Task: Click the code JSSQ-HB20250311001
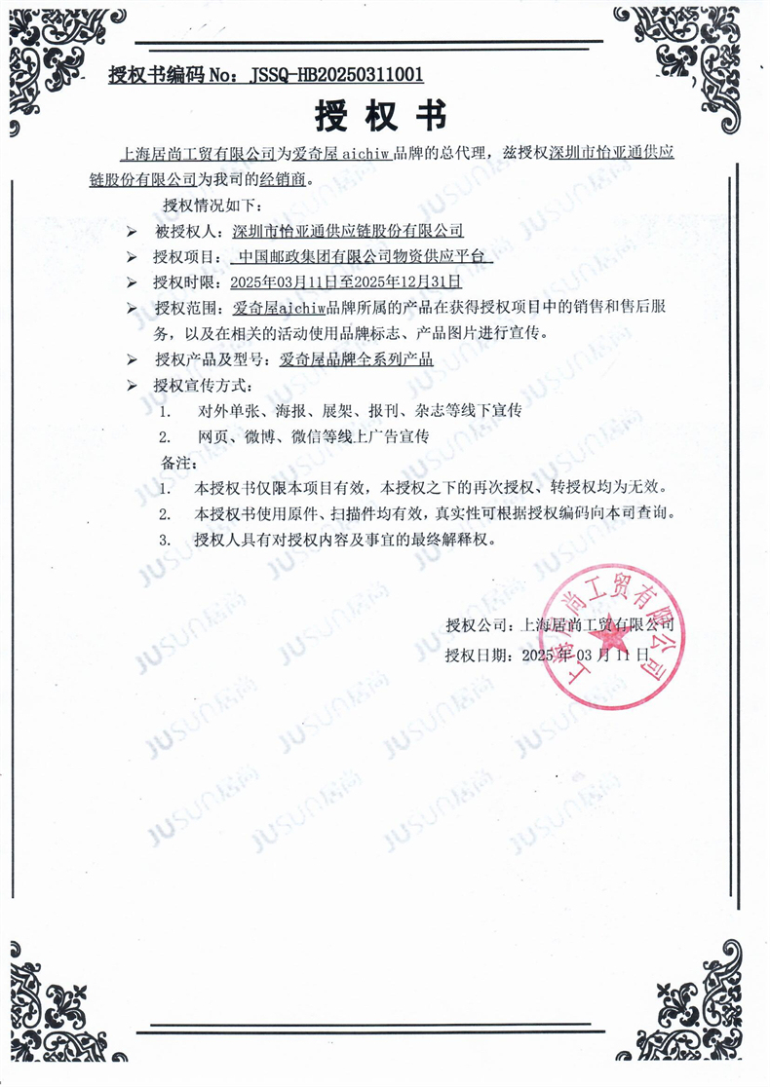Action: [x=337, y=73]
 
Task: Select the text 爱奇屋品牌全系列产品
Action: [x=355, y=359]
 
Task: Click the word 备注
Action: [x=175, y=461]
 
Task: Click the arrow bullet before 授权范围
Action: [x=133, y=309]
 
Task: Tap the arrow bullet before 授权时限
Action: [x=133, y=283]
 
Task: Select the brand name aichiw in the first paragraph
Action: [x=369, y=155]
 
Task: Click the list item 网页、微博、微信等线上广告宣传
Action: [x=312, y=435]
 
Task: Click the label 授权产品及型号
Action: [x=208, y=359]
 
